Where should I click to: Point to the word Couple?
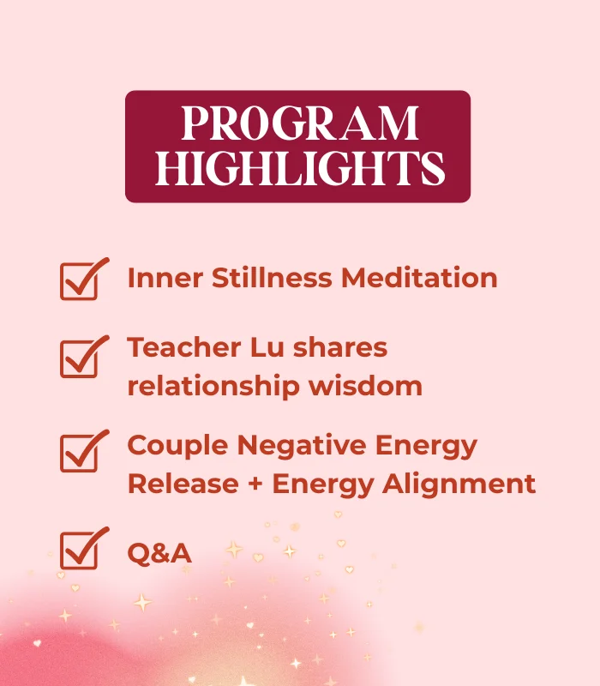(177, 446)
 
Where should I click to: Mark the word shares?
(337, 348)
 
